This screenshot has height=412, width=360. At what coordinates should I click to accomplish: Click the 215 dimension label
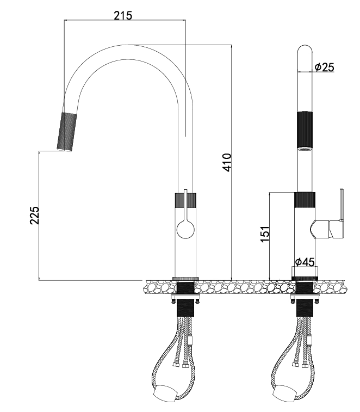tap(123, 15)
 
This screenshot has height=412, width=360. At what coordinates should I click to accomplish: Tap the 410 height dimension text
tap(227, 162)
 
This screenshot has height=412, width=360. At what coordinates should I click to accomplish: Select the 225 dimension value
tap(34, 215)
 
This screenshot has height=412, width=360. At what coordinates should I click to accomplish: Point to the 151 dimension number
tap(265, 233)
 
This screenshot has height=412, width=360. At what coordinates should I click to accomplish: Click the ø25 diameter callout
tap(325, 67)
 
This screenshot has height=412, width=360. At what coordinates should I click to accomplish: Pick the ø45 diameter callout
tap(305, 262)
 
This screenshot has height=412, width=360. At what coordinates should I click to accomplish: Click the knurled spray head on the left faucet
tap(67, 132)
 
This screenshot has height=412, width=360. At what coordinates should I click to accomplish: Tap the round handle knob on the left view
tap(185, 229)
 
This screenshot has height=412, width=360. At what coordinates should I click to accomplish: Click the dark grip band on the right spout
tap(305, 130)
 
